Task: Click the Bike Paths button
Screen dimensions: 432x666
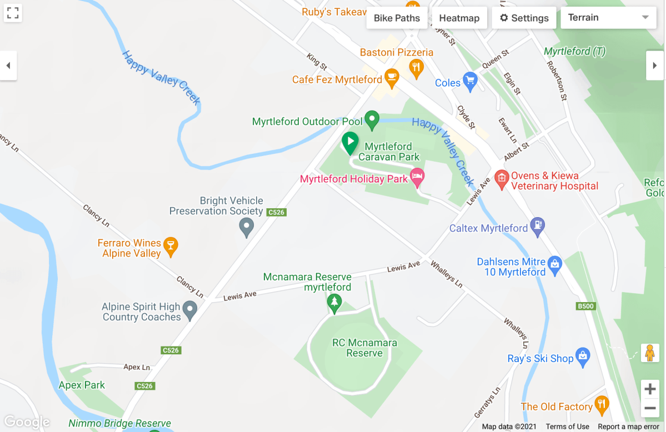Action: pos(397,18)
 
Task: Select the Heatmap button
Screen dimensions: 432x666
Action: pos(459,18)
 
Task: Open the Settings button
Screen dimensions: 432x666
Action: pos(524,18)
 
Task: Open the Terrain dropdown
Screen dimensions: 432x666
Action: pos(608,18)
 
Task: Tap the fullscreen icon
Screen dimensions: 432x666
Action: pos(13,13)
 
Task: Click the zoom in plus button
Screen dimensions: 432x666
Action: pos(650,389)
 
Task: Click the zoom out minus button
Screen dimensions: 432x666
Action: pos(650,409)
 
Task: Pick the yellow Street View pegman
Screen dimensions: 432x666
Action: pos(649,353)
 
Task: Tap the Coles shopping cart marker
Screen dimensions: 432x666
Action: pos(470,81)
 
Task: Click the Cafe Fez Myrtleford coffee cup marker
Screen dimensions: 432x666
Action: pos(391,78)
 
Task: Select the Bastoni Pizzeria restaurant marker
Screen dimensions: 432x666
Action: pos(416,68)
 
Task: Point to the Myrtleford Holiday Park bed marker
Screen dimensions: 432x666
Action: pos(417,177)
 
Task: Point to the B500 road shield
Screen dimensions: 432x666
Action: pos(585,306)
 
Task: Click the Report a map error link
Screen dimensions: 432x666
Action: pos(628,427)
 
